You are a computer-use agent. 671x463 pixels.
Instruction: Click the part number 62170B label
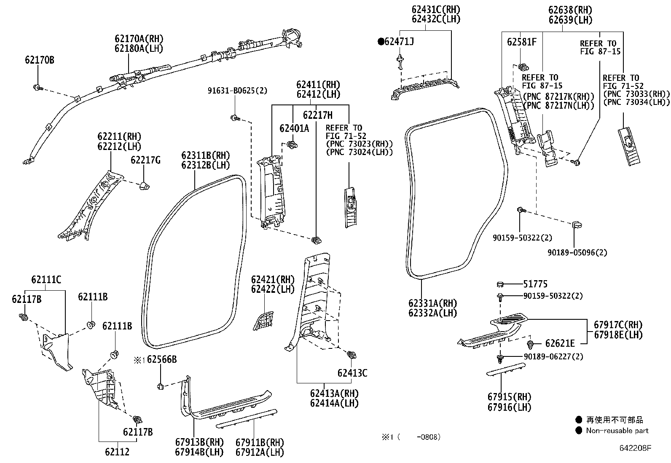pos(39,60)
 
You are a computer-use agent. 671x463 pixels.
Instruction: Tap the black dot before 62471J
pos(381,41)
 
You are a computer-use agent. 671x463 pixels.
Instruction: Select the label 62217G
pos(145,160)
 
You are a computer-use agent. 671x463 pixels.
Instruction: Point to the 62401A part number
pos(294,128)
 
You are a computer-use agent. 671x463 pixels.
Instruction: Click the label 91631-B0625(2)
pos(237,91)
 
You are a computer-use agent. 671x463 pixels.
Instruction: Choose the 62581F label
pos(521,42)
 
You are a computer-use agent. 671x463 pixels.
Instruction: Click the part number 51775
pos(535,284)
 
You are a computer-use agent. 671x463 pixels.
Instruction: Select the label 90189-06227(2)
pos(553,356)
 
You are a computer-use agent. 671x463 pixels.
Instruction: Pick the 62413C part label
pos(352,373)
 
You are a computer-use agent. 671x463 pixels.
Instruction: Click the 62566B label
pos(161,359)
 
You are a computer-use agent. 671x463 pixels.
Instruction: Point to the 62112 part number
pos(117,452)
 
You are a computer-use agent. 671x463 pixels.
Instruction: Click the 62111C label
pos(46,279)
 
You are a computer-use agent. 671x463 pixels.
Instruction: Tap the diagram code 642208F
pos(635,448)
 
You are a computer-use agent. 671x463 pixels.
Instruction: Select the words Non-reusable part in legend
pos(617,431)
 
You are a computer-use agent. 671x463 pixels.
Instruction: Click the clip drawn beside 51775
pos(500,284)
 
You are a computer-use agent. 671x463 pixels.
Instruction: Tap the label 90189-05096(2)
pos(577,253)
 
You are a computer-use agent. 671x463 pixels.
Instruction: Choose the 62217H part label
pos(317,115)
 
